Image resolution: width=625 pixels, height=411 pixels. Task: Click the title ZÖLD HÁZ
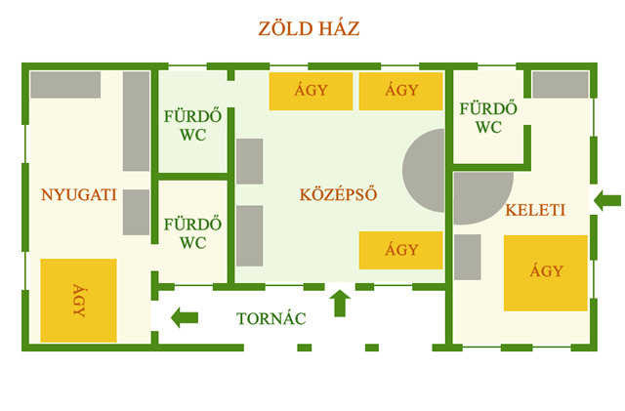(309, 28)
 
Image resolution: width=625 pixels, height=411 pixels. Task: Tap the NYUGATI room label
(78, 195)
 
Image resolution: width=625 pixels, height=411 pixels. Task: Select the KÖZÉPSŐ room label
(338, 194)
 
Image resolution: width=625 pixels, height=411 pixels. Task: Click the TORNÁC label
(271, 318)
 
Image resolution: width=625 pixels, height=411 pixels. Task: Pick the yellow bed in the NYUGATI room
(78, 300)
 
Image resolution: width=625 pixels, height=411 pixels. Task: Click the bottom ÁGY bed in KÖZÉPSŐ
(401, 251)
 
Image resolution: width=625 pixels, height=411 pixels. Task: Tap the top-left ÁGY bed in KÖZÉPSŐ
(311, 92)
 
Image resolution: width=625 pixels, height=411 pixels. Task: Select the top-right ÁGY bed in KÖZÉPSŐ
(401, 92)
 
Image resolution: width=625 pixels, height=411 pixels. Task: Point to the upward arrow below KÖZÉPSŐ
(340, 303)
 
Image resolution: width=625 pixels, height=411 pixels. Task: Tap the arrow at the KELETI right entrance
(607, 201)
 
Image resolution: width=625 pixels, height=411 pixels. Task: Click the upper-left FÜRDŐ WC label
(193, 126)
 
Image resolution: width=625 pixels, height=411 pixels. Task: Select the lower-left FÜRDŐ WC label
(193, 232)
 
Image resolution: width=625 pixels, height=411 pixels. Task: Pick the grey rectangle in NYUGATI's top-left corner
(65, 85)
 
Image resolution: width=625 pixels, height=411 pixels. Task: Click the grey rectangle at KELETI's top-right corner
(561, 85)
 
